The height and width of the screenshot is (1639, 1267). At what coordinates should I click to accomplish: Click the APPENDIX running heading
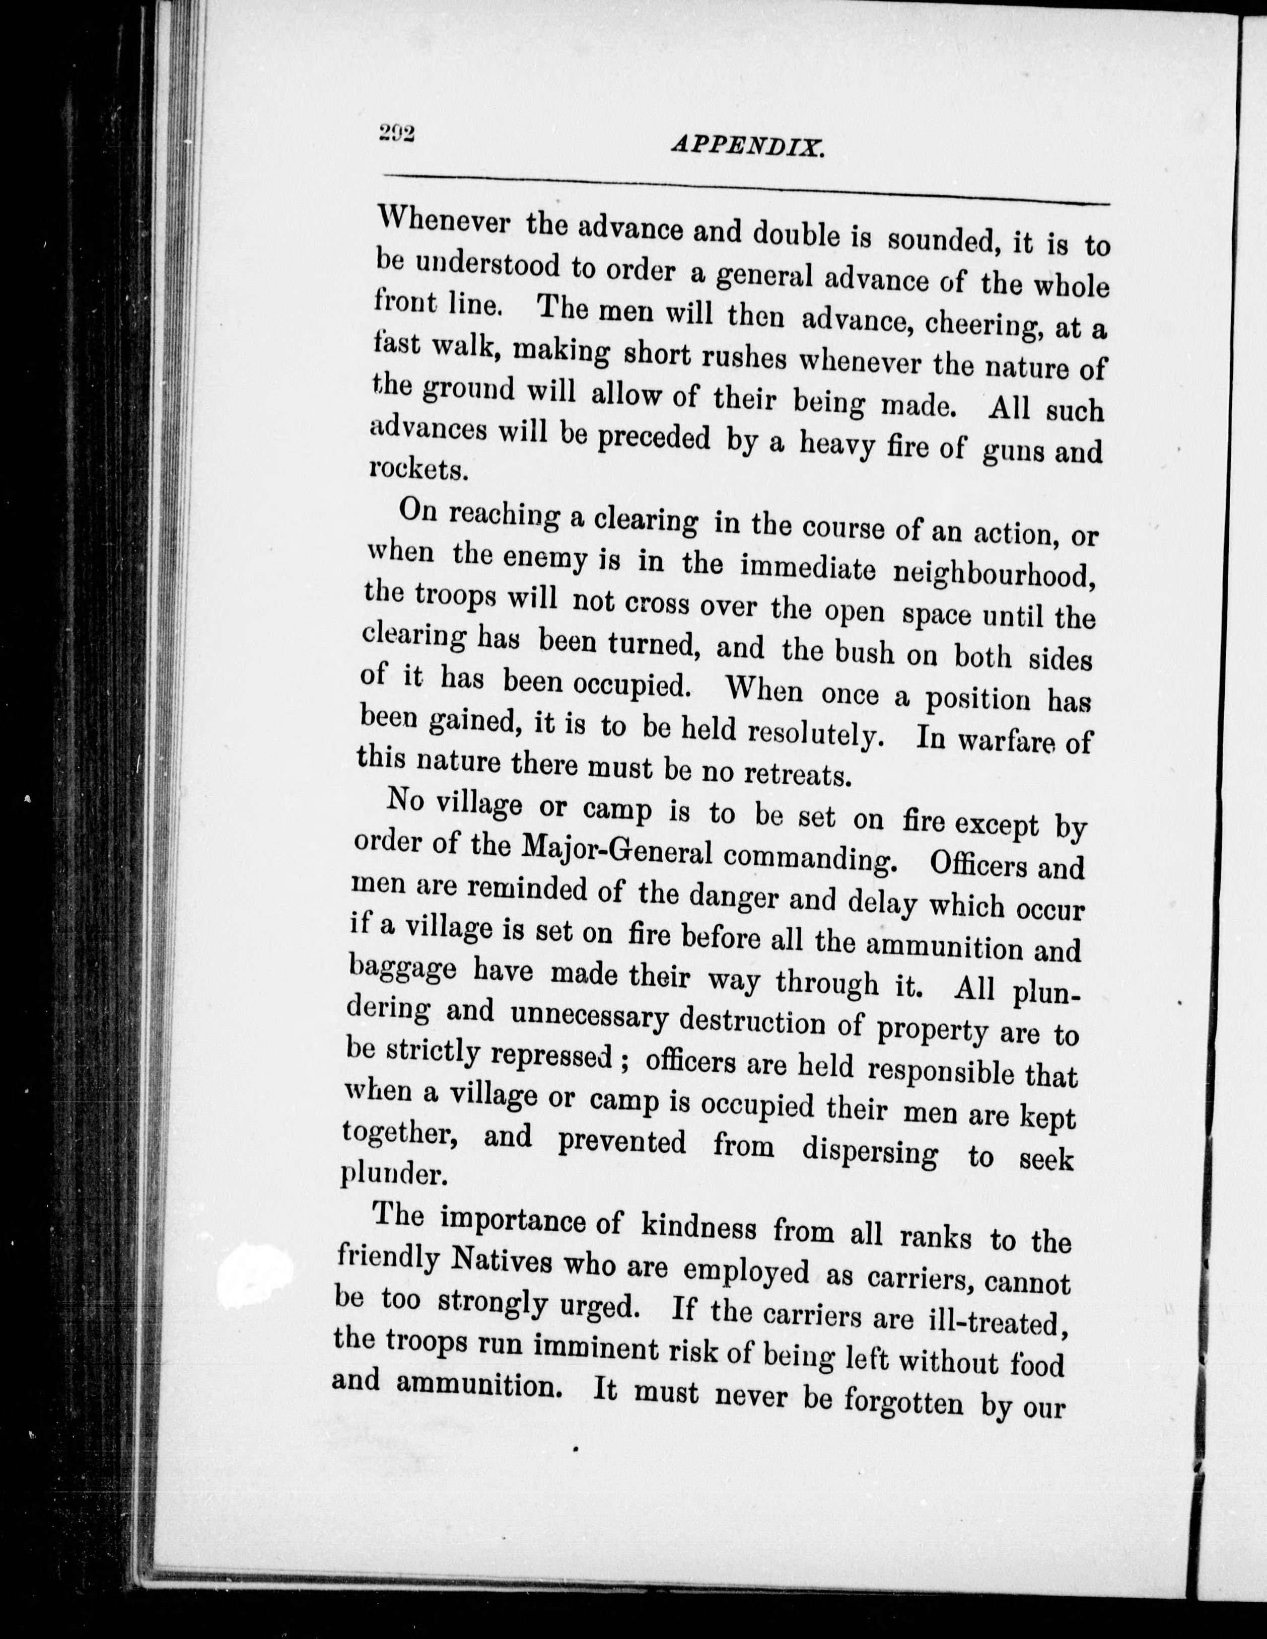(748, 145)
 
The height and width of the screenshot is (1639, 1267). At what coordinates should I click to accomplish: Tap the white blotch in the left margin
(254, 1269)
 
